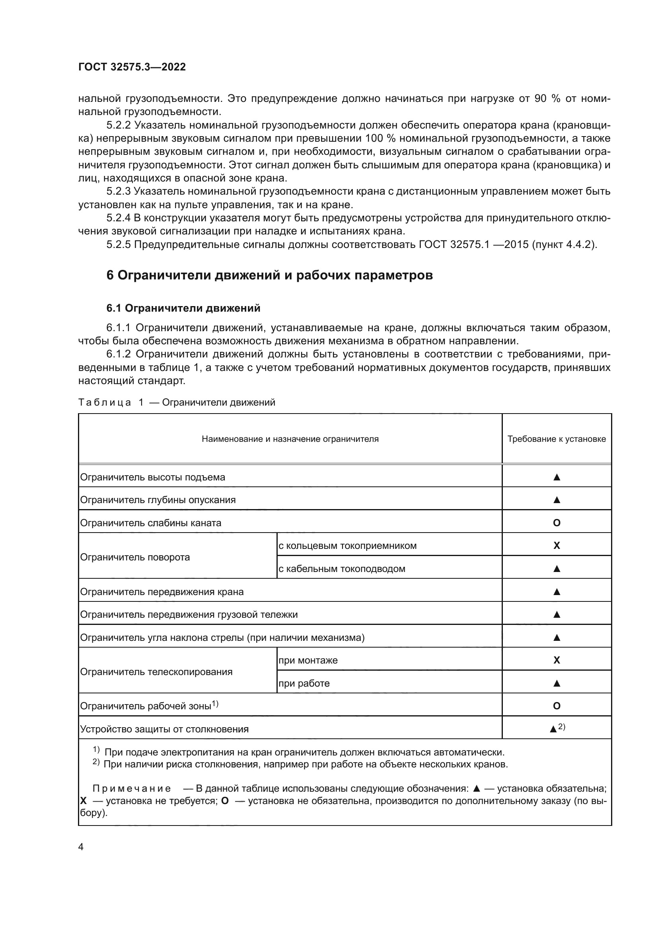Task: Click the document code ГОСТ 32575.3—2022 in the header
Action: [132, 67]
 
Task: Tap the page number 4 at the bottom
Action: [81, 847]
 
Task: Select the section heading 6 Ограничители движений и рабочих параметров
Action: [269, 275]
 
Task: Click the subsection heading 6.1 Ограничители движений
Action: [183, 308]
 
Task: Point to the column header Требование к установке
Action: [556, 439]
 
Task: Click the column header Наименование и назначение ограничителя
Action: [290, 439]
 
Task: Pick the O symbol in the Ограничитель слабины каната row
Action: [556, 523]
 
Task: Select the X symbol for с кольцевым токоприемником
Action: [556, 545]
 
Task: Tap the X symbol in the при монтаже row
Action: [556, 660]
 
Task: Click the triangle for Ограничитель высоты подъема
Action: [556, 477]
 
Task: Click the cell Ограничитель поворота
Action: [135, 557]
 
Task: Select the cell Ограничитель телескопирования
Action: [156, 672]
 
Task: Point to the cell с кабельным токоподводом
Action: [342, 568]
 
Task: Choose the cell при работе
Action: [304, 683]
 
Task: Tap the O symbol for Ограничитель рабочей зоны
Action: [556, 706]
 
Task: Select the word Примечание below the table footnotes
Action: [131, 789]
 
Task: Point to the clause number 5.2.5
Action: [118, 244]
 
